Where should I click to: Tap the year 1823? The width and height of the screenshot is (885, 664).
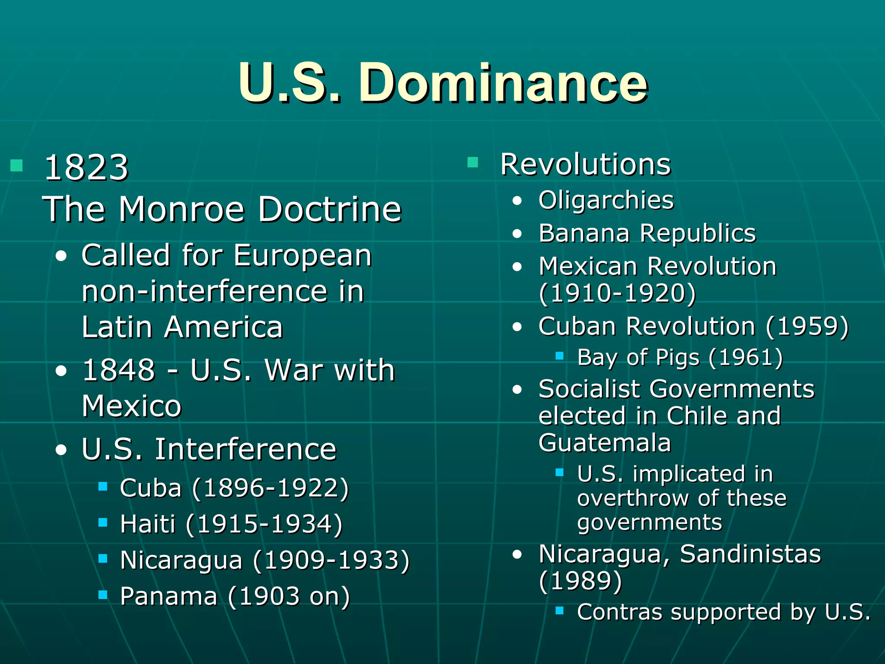click(86, 167)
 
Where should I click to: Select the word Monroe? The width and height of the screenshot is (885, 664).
click(182, 209)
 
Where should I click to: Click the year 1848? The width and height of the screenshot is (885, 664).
click(118, 370)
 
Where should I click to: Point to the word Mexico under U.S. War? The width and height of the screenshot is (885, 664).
click(131, 406)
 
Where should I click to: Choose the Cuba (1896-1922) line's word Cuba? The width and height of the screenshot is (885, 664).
click(151, 488)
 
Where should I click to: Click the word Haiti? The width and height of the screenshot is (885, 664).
click(148, 524)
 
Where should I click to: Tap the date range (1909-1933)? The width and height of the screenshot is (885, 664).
click(331, 560)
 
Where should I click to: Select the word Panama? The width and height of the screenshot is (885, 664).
click(169, 596)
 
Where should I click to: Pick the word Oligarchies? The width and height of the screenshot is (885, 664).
click(606, 200)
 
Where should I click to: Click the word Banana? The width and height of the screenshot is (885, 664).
click(584, 233)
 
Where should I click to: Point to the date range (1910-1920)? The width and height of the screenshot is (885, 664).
click(618, 293)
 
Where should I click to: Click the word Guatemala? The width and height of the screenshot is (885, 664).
click(605, 443)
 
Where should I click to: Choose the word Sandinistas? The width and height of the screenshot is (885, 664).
click(750, 554)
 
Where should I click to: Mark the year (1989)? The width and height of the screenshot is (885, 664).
click(580, 581)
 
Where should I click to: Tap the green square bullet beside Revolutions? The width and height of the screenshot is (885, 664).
click(473, 163)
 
